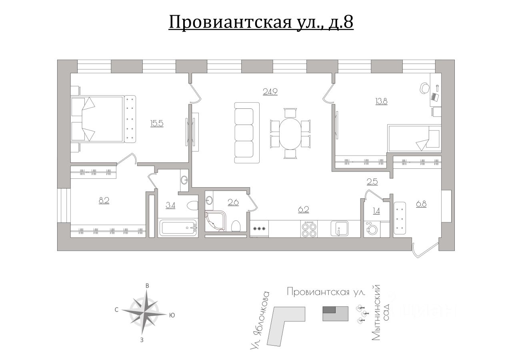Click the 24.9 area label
[x=270, y=91]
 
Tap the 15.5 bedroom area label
[x=157, y=123]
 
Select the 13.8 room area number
[x=381, y=101]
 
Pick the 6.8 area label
[x=421, y=204]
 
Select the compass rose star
[x=144, y=312]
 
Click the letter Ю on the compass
[x=172, y=315]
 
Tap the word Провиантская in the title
[x=228, y=22]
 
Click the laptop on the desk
[x=435, y=96]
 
